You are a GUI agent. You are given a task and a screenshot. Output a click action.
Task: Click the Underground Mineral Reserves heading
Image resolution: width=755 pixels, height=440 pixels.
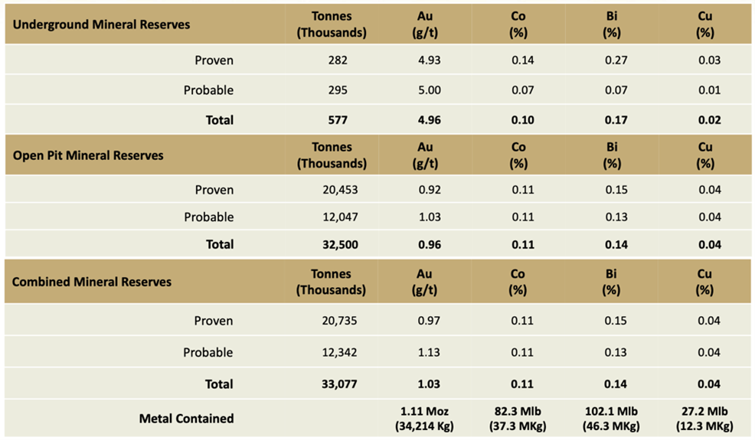[101, 24]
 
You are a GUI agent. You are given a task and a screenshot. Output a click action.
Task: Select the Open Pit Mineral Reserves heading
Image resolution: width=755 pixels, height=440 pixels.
[88, 155]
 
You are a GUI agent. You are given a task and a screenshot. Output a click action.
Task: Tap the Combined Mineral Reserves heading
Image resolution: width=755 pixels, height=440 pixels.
[92, 282]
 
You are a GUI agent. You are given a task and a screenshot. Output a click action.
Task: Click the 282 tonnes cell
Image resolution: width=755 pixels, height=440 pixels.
[332, 60]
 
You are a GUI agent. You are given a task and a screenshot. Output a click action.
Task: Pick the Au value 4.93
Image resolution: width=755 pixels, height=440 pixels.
[428, 60]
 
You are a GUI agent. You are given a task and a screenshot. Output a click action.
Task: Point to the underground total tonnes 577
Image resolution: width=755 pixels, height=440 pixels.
[332, 120]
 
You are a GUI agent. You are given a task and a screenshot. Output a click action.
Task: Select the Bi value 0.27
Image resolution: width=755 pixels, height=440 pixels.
[612, 60]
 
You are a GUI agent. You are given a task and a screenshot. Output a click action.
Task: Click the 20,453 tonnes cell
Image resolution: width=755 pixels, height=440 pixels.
[332, 190]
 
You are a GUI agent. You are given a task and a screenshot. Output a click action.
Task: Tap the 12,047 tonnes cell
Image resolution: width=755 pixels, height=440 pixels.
[332, 217]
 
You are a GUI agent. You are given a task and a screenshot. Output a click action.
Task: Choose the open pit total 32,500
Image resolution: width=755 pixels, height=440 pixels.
[332, 245]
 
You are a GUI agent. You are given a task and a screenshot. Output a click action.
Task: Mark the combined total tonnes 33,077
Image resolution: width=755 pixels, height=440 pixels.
[332, 384]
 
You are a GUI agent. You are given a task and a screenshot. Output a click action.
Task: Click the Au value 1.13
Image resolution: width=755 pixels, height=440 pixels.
[428, 353]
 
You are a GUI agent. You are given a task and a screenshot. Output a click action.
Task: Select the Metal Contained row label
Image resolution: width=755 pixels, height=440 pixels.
[186, 419]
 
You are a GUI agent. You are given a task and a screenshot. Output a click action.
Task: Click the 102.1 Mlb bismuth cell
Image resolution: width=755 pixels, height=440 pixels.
[612, 419]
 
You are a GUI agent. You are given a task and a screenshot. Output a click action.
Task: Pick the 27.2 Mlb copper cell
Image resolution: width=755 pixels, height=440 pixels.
[704, 419]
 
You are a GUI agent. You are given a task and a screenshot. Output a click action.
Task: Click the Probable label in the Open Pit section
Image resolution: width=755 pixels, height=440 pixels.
[208, 217]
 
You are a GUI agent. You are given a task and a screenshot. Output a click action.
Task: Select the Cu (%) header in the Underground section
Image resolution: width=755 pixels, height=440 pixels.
[704, 24]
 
